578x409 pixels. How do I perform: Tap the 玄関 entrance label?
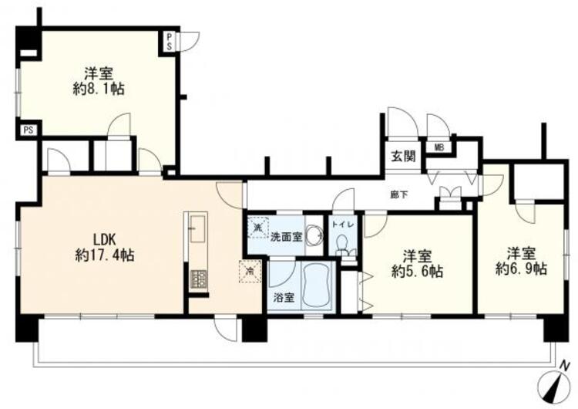[x=402, y=156]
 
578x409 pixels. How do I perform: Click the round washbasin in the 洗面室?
[x=313, y=235]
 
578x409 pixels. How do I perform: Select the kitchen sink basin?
[x=197, y=228]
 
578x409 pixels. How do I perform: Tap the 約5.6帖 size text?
[x=417, y=271]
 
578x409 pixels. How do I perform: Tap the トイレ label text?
[x=343, y=224]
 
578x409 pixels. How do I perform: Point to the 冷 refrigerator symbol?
[x=250, y=270]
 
